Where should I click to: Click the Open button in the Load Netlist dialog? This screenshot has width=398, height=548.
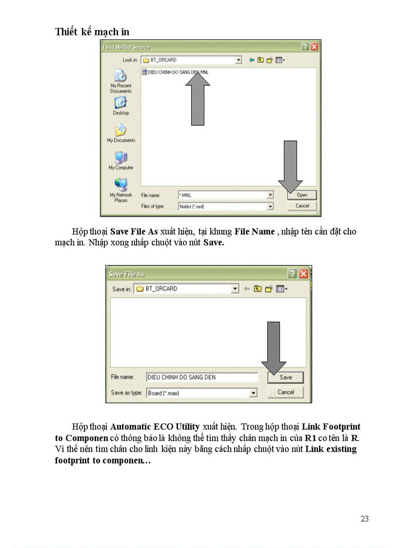[302, 195]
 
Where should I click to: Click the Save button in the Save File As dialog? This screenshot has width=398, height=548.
[285, 377]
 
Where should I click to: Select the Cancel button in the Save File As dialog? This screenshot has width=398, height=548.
[285, 392]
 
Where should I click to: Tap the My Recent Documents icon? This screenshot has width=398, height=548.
[120, 77]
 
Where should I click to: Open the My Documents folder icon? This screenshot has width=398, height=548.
[120, 131]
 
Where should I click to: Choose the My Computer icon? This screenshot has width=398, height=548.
[120, 158]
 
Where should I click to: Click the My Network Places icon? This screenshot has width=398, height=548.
[120, 185]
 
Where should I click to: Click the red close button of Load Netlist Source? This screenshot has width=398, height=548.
[314, 47]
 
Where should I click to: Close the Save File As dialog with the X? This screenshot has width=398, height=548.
[304, 274]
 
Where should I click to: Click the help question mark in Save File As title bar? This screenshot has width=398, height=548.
[293, 274]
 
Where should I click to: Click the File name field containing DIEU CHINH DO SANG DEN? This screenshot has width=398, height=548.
[201, 377]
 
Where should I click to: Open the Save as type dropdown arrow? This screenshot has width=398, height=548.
[253, 393]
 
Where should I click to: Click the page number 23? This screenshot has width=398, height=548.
[365, 519]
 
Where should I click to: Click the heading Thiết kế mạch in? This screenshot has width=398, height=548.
[92, 32]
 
